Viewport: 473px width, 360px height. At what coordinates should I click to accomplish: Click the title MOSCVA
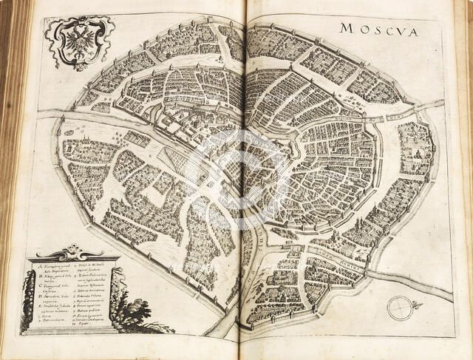click(378, 31)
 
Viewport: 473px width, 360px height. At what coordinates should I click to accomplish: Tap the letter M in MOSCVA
click(345, 30)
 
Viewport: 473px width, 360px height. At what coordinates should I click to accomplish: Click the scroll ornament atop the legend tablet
click(72, 252)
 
